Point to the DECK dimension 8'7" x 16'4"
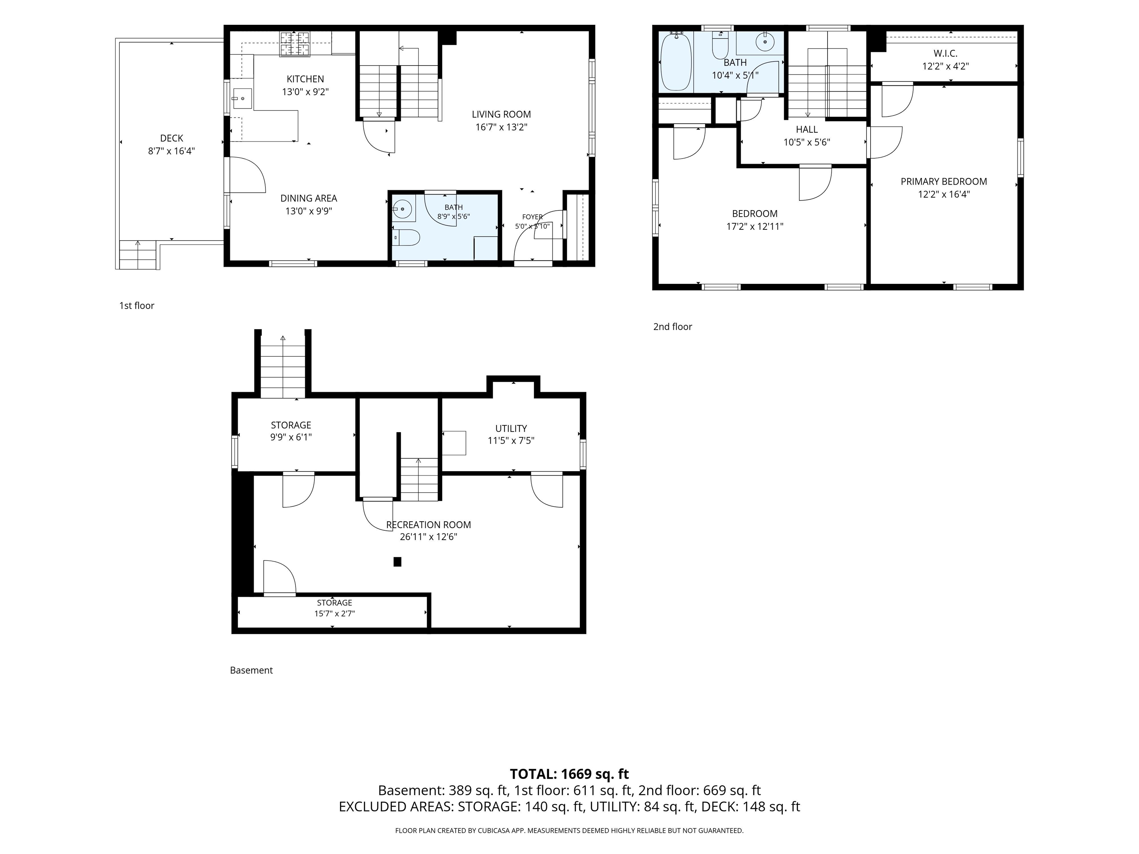(x=171, y=151)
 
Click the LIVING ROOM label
(x=501, y=114)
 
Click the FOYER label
(x=532, y=217)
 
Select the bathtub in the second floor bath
(x=676, y=62)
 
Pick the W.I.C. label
(x=945, y=53)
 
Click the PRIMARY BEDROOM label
(x=944, y=182)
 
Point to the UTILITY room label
(x=511, y=428)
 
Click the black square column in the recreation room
(x=397, y=562)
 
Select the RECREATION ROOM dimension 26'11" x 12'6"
(x=428, y=537)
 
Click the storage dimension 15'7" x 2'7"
(x=335, y=613)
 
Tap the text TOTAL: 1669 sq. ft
(x=569, y=774)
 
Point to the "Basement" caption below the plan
(x=251, y=670)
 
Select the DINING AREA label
(x=308, y=198)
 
